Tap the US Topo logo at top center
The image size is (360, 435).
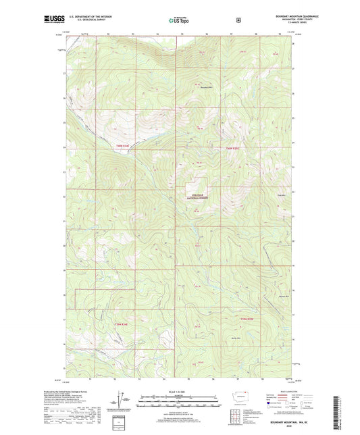[179, 20]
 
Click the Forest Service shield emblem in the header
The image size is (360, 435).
[238, 20]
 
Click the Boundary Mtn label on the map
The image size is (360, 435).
[206, 87]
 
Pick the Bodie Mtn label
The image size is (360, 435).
[236, 338]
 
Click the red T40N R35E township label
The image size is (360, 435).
[232, 148]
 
